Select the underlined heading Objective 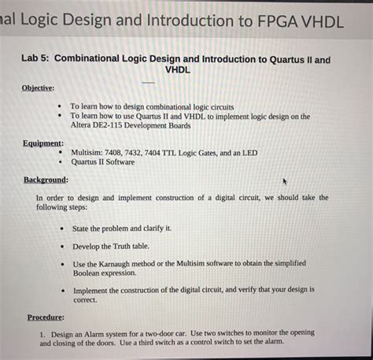click(x=37, y=87)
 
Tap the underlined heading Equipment click(x=43, y=143)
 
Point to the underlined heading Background click(x=46, y=180)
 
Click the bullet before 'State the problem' click(x=62, y=228)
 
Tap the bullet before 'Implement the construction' click(x=62, y=291)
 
